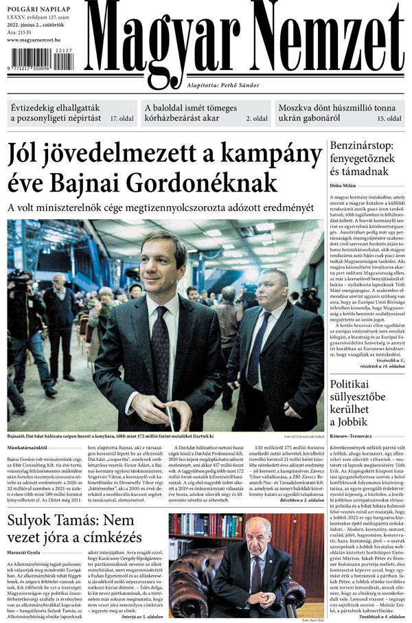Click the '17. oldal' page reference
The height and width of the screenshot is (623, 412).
pos(122,119)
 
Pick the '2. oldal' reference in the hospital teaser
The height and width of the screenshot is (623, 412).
pos(258,119)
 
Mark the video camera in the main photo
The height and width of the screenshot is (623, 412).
pos(19,282)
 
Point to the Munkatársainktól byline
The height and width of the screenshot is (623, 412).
pos(27,447)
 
